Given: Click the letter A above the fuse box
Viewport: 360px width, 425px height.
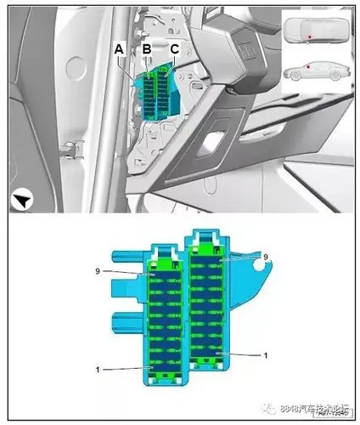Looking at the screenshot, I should [121, 50].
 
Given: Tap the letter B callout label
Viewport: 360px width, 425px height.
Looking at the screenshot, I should [147, 50].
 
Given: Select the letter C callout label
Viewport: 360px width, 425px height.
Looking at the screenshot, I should [174, 50].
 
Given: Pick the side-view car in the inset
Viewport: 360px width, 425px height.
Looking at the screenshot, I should [313, 71].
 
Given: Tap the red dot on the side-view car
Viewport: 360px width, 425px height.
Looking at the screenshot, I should [310, 65].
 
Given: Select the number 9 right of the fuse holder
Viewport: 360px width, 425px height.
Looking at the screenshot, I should [264, 256].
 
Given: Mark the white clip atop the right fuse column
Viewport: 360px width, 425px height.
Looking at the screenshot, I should [207, 237].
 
